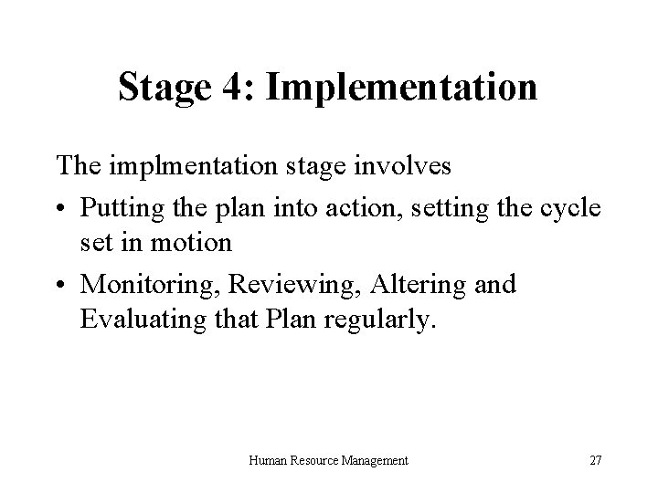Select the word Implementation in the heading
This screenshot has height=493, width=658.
tap(402, 89)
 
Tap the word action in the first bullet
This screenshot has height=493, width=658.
tap(377, 206)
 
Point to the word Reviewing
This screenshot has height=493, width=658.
tap(284, 285)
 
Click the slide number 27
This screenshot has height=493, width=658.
tap(595, 461)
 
